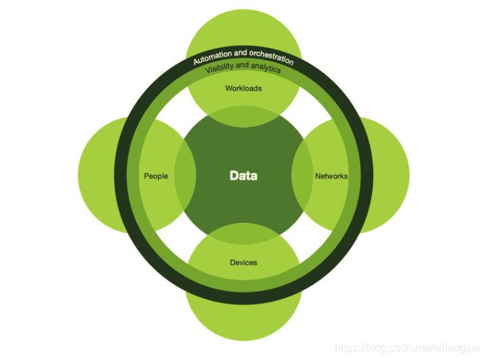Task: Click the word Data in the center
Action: pos(243,176)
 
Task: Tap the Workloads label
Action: pos(243,88)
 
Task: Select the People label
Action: pos(156,176)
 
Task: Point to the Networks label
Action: pos(331,176)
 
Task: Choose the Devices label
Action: pos(243,262)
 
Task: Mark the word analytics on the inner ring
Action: pos(265,68)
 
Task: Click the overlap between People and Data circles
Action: pos(185,176)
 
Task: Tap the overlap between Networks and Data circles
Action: pos(302,176)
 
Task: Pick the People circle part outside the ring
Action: pos(98,176)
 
